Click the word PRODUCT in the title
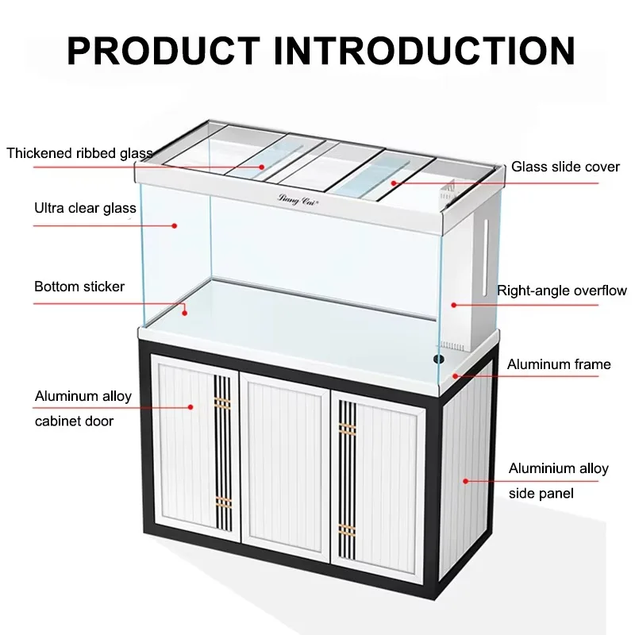point(164,51)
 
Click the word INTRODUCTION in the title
point(425,51)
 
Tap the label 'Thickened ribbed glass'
point(80,153)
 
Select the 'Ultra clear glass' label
point(85,208)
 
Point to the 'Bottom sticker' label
point(79,287)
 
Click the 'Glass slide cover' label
point(565,167)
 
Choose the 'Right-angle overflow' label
point(562,291)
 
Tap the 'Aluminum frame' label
point(559,364)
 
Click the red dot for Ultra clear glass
point(175,226)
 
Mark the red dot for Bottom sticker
point(185,313)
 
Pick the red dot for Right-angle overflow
point(454,305)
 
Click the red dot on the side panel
point(466,481)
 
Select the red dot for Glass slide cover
point(394,183)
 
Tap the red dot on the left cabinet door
point(190,407)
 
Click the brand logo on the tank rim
point(298,200)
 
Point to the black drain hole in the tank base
point(439,359)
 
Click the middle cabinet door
point(285,466)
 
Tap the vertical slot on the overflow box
point(485,256)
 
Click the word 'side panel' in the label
point(541,494)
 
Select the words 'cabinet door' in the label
point(74,421)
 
